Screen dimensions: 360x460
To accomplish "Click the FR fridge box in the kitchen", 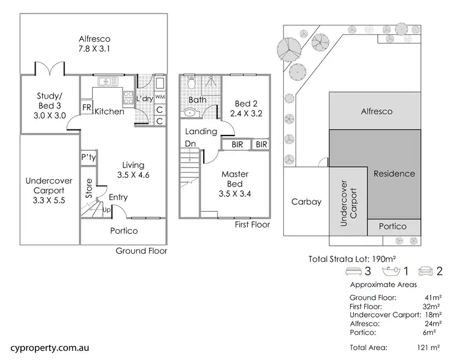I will [x=86, y=108].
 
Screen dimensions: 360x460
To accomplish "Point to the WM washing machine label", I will [x=159, y=97].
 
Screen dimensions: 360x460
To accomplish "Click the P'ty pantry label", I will [x=88, y=157].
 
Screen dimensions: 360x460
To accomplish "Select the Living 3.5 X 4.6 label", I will [x=133, y=170].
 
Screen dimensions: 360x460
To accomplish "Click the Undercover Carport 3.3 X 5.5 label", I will [x=48, y=191].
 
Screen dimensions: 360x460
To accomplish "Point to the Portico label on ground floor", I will [x=123, y=231].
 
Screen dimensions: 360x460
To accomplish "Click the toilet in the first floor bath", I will [x=191, y=83].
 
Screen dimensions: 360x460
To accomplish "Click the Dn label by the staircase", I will [x=191, y=145].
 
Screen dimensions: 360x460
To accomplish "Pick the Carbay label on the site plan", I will [x=306, y=201].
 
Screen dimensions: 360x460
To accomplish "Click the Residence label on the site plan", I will [x=394, y=174].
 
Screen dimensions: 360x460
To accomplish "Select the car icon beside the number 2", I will [x=426, y=270].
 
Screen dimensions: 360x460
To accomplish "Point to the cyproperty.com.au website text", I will [x=46, y=347].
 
